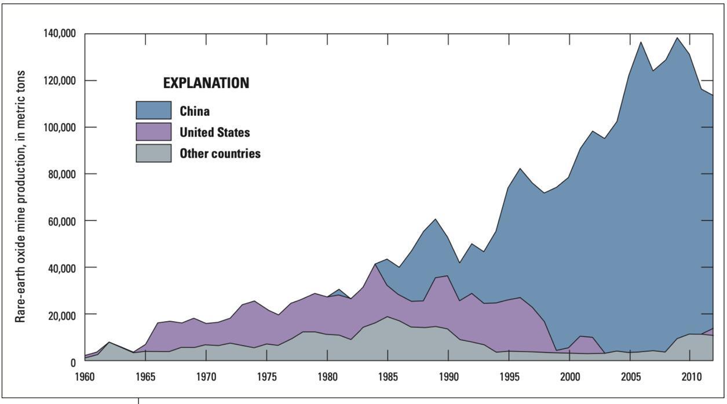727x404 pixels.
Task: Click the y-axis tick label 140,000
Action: coord(60,34)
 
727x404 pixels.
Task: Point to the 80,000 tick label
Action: coord(62,174)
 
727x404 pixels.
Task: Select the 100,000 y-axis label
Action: coord(60,127)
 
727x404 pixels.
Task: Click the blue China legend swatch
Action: coord(154,111)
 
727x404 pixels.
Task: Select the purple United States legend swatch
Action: coord(154,132)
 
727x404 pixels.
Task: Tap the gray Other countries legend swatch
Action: coord(154,153)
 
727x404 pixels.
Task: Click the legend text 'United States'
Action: coord(214,132)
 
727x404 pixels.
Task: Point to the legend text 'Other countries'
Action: coord(220,154)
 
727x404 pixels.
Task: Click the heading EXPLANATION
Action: coord(206,83)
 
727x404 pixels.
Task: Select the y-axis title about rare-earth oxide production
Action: coord(21,197)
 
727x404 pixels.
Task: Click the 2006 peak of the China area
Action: coord(641,42)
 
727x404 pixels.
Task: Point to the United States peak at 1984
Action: coord(376,265)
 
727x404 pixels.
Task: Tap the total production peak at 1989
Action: coord(436,220)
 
